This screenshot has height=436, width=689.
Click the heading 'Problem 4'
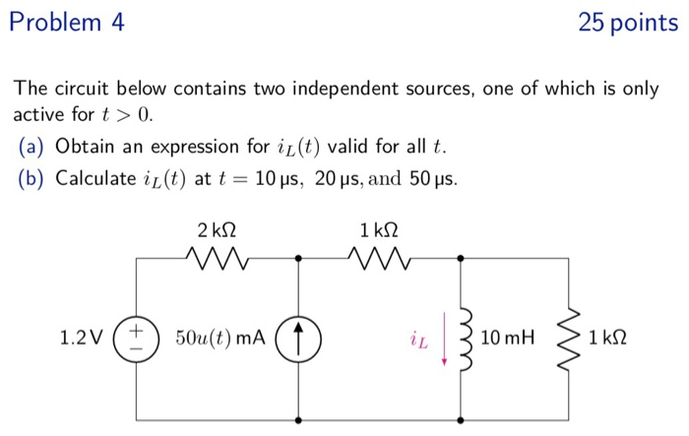pos(66,22)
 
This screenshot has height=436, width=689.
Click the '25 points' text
pos(627,22)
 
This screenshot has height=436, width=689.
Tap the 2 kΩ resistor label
pos(217,230)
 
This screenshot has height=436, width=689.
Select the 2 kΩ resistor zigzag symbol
pos(217,260)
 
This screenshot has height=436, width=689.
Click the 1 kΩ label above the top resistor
pos(379,230)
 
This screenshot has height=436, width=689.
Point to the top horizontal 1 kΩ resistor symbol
pos(379,260)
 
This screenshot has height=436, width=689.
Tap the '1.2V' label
pos(82,339)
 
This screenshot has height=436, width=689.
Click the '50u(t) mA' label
pos(220,339)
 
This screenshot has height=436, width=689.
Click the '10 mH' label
pos(508,339)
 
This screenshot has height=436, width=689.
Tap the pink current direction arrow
pos(445,340)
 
